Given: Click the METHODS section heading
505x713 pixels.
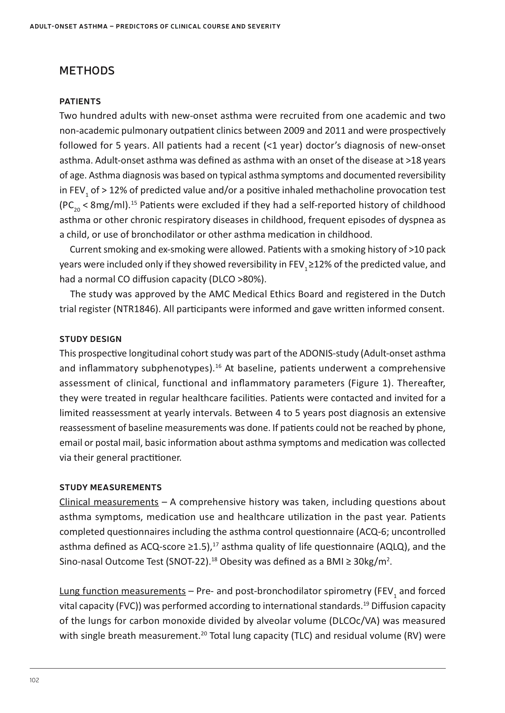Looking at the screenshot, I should (87, 71).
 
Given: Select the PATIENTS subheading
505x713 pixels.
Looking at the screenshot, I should (80, 101).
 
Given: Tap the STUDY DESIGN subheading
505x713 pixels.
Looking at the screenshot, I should (91, 339).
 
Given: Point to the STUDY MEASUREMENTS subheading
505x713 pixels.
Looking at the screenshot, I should (111, 487).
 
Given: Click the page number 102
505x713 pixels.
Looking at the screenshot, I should (35, 680).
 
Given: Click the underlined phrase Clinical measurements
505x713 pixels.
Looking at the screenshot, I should (109, 502).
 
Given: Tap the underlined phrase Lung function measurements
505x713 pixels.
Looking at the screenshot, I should (123, 591).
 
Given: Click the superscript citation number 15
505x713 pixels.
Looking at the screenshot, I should (134, 202).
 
